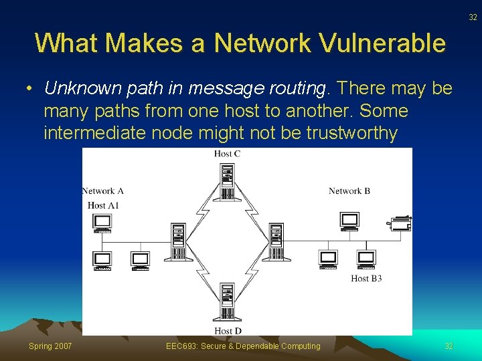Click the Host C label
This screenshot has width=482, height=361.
click(227, 154)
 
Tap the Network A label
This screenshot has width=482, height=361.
click(103, 191)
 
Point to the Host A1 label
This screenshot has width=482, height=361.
click(103, 205)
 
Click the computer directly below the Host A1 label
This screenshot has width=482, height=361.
click(102, 222)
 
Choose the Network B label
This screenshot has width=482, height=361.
click(349, 191)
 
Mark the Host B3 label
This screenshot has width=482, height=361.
click(366, 278)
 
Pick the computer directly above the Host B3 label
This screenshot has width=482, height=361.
click(366, 259)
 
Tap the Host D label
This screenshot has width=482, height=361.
click(227, 331)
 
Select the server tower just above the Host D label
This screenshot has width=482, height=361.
click(227, 302)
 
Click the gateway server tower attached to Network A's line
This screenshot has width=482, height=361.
click(178, 241)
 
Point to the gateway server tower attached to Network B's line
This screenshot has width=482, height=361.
click(276, 241)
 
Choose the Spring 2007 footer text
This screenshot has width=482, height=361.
click(50, 346)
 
